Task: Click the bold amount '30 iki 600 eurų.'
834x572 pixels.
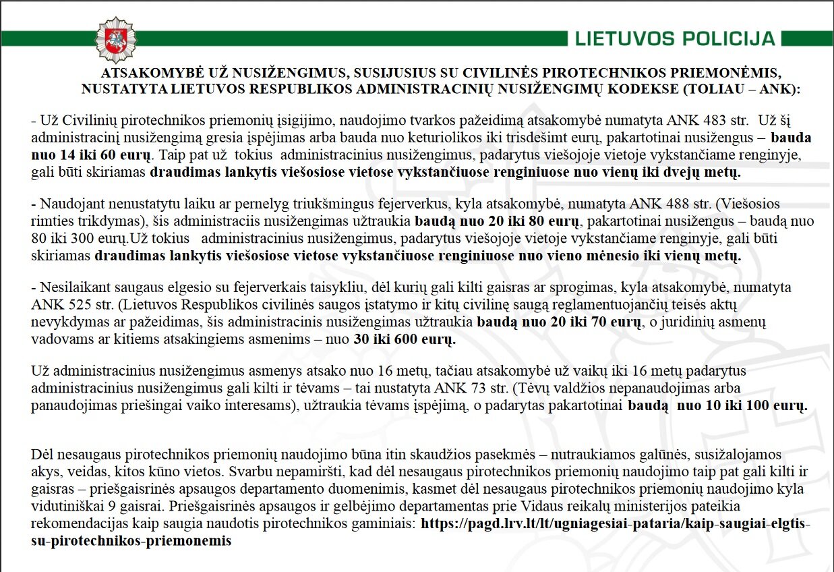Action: click(405, 340)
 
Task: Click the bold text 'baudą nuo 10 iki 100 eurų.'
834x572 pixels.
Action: click(717, 406)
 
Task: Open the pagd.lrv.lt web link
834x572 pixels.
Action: click(615, 523)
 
